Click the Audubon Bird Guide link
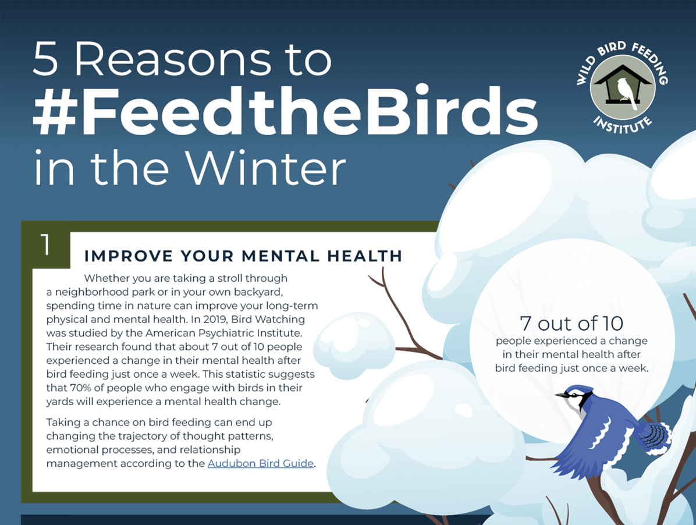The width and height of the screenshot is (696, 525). click(x=261, y=463)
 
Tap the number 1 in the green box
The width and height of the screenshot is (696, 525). click(x=45, y=245)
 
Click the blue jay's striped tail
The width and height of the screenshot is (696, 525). click(x=656, y=436)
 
